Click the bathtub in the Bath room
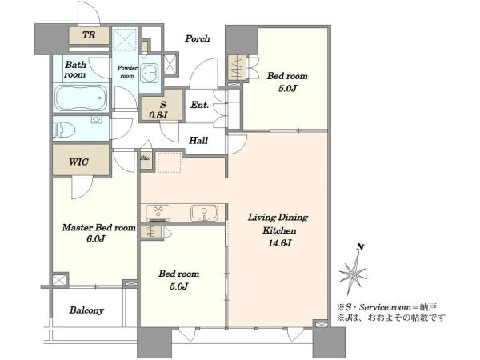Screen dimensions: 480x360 [81, 98]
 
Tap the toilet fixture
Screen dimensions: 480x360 [64, 130]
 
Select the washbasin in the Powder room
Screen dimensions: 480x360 [150, 73]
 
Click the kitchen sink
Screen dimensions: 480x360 [204, 213]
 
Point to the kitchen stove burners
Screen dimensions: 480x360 [158, 213]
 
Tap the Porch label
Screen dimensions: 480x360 [198, 38]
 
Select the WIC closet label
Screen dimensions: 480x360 [79, 162]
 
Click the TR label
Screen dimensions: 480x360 [89, 35]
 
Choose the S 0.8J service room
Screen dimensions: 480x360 [161, 106]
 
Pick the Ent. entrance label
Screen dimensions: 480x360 [199, 105]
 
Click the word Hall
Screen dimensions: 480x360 [198, 141]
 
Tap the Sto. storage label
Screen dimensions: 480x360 [146, 158]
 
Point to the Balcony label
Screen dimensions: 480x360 [86, 310]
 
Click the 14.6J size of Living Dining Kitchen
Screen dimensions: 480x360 [280, 243]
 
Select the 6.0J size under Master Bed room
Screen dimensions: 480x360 [96, 238]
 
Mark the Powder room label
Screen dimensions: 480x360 [127, 72]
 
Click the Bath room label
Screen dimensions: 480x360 [75, 70]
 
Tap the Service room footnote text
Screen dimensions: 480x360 [386, 307]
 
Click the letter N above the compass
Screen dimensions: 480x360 [361, 247]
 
